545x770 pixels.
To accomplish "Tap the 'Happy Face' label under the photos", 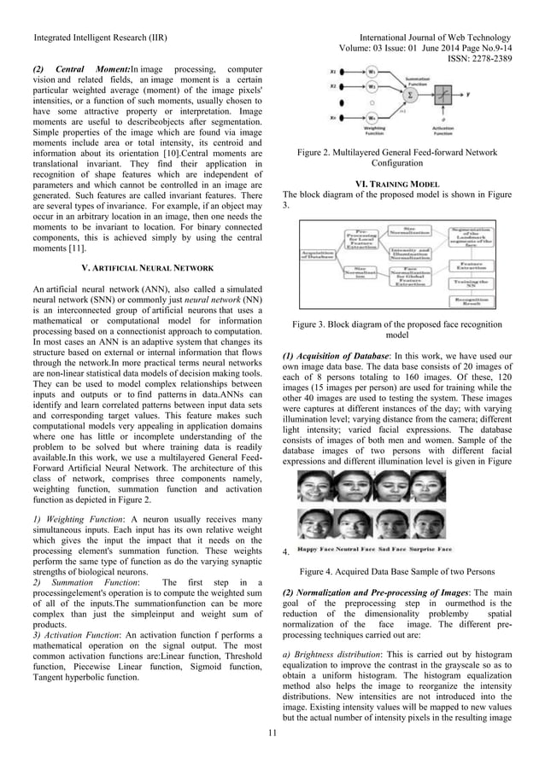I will (314, 550).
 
